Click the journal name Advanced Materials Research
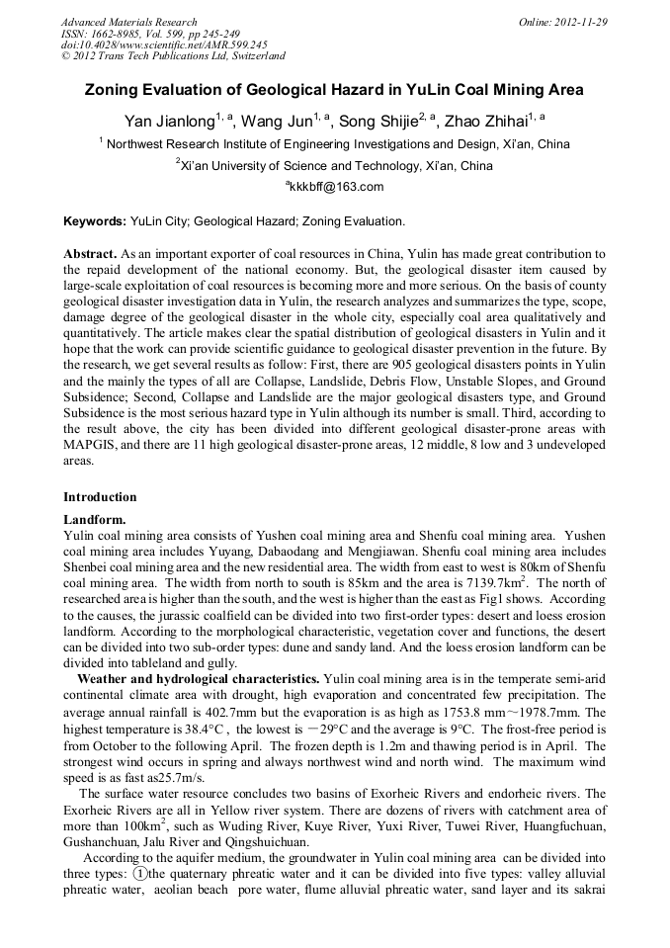pos(128,22)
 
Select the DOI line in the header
pos(163,44)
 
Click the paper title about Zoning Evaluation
pos(334,90)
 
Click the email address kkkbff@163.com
pos(336,187)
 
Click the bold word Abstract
pos(91,254)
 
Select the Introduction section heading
pos(100,497)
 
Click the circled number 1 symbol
pos(140,874)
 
